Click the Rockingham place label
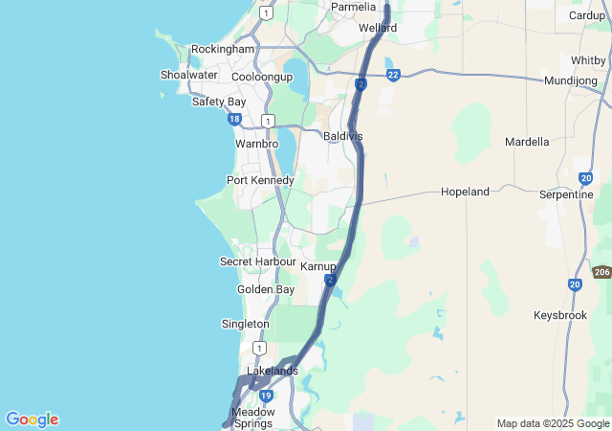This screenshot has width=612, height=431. click(223, 49)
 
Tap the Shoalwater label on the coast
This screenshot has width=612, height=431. click(189, 75)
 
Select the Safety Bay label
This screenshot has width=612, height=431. click(219, 102)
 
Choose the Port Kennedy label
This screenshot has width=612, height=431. click(260, 180)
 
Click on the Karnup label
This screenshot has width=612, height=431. click(318, 266)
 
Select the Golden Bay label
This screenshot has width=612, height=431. click(266, 289)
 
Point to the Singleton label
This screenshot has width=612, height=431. click(245, 324)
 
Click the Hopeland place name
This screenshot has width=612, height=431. click(465, 192)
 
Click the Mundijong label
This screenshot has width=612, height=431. click(571, 80)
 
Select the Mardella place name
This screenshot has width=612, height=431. click(527, 142)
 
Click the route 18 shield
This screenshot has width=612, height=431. click(234, 119)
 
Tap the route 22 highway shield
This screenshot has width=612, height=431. click(393, 74)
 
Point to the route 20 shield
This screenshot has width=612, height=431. click(574, 284)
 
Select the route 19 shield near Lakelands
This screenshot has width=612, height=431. click(267, 395)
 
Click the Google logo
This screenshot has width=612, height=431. click(32, 420)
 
